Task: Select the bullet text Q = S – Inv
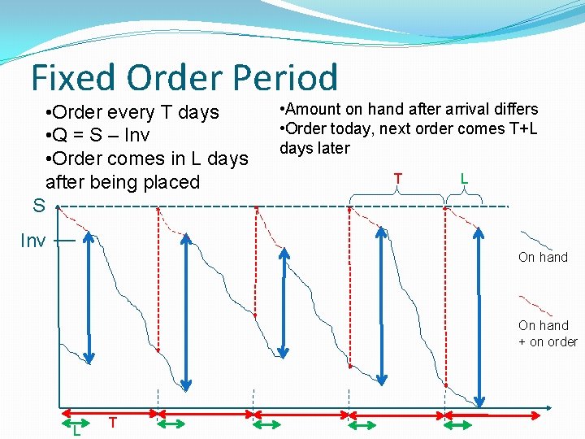[x=98, y=134]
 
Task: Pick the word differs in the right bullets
[x=511, y=109]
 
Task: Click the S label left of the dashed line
[x=38, y=206]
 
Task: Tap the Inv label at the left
[x=32, y=241]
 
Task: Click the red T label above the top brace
[x=397, y=178]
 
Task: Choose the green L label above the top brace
[x=464, y=178]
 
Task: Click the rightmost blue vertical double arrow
[x=480, y=317]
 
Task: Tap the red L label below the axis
[x=76, y=430]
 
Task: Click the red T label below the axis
[x=113, y=423]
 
